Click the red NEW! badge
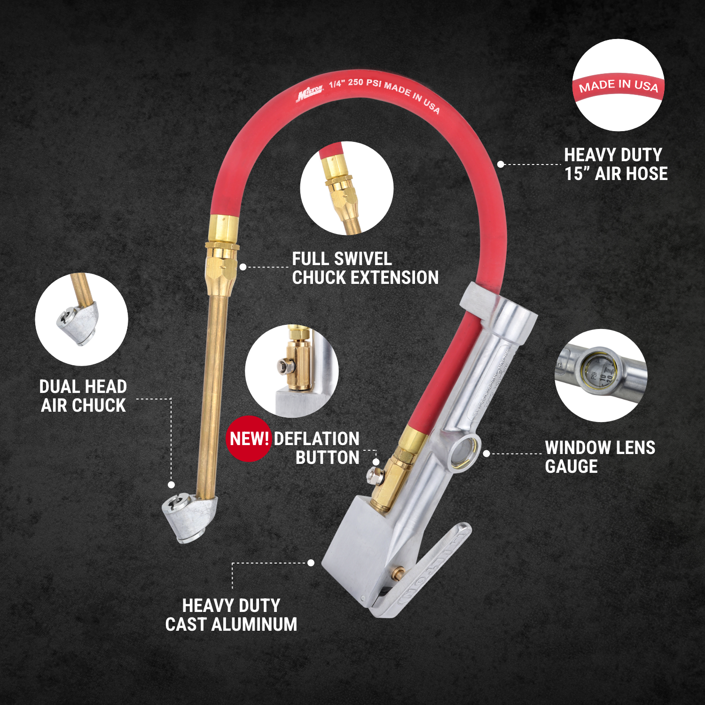tap(249, 439)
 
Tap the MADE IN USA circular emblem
tap(618, 85)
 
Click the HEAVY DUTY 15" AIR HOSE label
tap(616, 164)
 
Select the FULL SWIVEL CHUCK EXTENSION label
tap(365, 268)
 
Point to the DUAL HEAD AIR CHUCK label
tap(83, 396)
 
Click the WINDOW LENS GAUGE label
tap(600, 457)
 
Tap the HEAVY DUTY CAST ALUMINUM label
tap(231, 615)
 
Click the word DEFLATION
tap(316, 439)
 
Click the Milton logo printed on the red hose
tap(310, 94)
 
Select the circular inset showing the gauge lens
tap(601, 375)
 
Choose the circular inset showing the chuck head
tap(81, 320)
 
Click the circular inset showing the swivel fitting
tap(346, 188)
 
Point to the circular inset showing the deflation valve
tap(291, 371)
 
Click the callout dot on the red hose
tap(501, 164)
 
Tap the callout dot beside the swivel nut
tap(243, 267)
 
